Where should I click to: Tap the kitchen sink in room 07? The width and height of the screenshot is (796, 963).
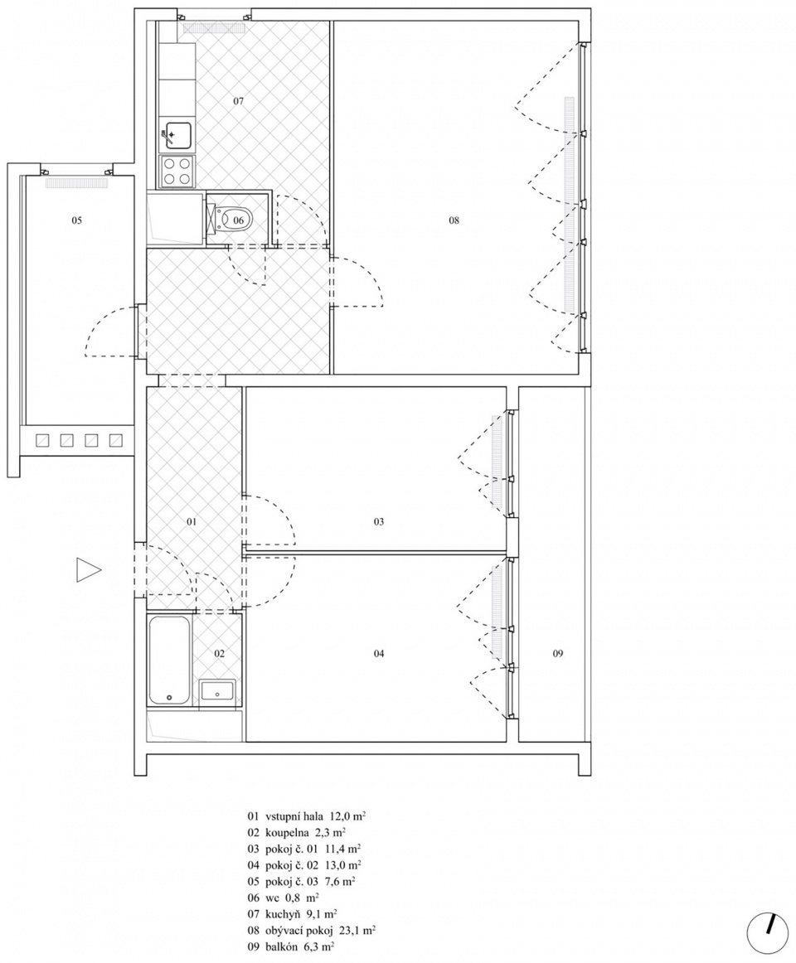coord(177,135)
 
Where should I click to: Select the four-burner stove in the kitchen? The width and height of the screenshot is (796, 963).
coord(177,171)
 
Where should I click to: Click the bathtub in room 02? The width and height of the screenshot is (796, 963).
coord(169,660)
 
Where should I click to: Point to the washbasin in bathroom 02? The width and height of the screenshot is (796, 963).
coord(217,691)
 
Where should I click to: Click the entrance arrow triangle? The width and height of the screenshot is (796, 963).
coord(88,570)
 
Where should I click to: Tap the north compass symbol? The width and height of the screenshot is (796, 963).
coord(767,936)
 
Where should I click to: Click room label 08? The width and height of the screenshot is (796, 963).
coord(454,220)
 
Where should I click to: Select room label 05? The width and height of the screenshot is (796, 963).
coord(76,220)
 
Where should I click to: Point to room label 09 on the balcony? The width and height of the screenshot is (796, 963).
coord(557,653)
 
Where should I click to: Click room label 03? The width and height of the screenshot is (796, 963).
coord(379,522)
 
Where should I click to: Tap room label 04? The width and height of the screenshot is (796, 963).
coord(379,653)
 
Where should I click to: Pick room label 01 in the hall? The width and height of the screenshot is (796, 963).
coord(192,522)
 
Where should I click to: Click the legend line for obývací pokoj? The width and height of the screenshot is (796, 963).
coord(311,931)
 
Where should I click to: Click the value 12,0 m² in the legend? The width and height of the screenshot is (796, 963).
coord(347,817)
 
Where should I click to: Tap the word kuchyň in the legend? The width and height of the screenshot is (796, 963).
coord(282,914)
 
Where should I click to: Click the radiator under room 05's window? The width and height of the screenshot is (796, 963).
coord(76,182)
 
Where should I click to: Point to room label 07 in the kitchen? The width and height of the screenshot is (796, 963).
coord(239,101)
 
